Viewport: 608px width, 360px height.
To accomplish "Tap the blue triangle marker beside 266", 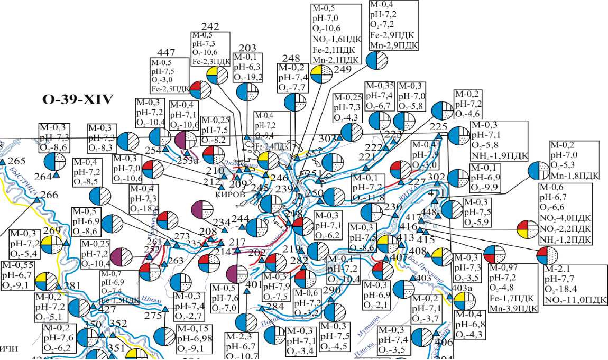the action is [x=37, y=200].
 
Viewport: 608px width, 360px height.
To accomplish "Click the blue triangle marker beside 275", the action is [x=165, y=308].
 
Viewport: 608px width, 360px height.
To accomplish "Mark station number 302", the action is [x=437, y=177].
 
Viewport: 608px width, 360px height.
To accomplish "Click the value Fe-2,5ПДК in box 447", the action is [x=169, y=87].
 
